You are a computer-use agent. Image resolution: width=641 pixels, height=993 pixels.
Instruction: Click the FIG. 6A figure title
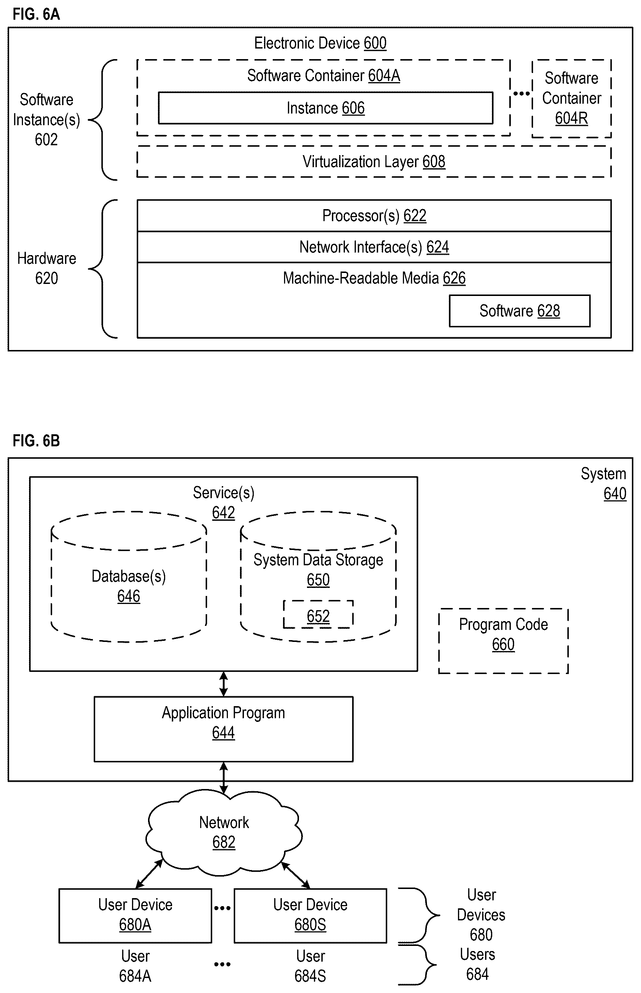pos(36,14)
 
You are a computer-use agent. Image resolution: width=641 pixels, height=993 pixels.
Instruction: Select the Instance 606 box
pos(326,108)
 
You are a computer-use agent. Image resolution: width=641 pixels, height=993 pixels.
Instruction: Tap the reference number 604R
pos(571,118)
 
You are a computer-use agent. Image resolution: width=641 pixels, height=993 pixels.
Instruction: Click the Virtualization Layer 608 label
pos(374,162)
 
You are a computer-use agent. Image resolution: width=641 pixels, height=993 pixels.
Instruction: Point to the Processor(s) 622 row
pos(374,216)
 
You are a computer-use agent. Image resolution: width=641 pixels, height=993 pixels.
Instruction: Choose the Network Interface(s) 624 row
pos(374,247)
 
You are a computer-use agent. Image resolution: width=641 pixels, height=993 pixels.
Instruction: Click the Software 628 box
pos(520,311)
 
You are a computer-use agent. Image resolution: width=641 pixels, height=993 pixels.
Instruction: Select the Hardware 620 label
pos(47,268)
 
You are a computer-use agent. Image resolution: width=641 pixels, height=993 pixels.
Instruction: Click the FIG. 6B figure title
pos(36,441)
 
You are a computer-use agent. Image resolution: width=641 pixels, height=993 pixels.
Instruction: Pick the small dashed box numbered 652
pos(318,615)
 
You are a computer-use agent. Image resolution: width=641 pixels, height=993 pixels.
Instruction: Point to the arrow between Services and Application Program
pos(224,684)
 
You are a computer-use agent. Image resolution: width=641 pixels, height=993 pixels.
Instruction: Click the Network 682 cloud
pos(224,833)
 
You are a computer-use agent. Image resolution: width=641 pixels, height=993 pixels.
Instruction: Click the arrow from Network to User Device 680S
pos(296,875)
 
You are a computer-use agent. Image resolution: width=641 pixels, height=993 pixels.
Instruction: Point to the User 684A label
pos(135,966)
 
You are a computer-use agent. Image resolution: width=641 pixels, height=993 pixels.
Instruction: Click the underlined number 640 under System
pos(615,494)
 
